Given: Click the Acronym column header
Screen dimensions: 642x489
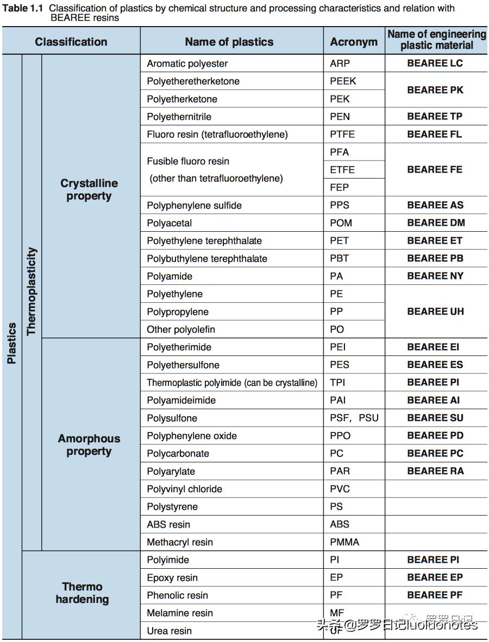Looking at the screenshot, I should [354, 42].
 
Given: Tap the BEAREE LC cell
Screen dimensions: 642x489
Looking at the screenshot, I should [435, 63].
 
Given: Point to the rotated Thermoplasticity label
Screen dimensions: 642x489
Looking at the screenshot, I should [32, 291].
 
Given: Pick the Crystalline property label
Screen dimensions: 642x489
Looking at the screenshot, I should [89, 190].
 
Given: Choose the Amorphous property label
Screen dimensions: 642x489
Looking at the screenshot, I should [89, 445].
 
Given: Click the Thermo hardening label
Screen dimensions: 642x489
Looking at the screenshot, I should [82, 593].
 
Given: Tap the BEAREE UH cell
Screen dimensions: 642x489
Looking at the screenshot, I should [435, 312].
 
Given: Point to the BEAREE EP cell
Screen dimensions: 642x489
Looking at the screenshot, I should [435, 577].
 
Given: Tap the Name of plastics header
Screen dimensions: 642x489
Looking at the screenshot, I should [229, 42].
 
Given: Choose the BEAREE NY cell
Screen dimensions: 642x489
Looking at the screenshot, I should [435, 276].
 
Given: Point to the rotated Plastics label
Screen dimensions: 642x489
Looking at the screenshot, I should [11, 343].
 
